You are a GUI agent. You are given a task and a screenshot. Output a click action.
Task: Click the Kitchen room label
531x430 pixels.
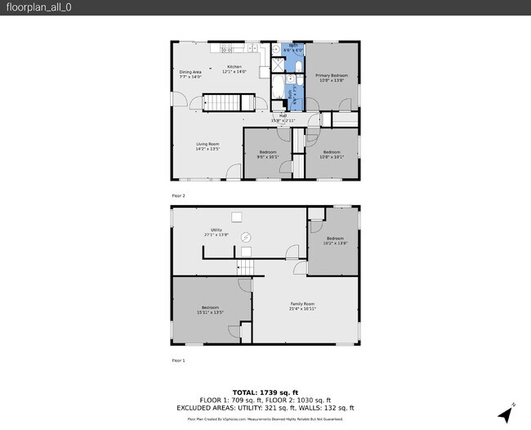coord(234,69)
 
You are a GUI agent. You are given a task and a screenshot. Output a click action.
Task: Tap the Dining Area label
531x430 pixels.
coord(190,74)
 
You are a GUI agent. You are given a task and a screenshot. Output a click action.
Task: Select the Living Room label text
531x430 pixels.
coord(207,146)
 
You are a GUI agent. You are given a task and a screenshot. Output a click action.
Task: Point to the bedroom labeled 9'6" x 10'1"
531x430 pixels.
coord(268,155)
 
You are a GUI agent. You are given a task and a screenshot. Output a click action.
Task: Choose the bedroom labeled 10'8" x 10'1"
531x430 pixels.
coord(331,155)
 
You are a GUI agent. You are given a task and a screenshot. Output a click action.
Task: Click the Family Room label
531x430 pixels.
coord(302,306)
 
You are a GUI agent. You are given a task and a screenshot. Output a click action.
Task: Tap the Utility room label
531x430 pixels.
coord(216,232)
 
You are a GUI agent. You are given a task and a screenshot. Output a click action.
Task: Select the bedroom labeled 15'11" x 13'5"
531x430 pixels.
coord(210,309)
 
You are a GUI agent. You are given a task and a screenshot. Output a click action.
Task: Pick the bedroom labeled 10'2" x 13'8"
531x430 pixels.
coord(335,240)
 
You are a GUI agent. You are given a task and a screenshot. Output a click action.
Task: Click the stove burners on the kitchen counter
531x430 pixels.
coord(225,51)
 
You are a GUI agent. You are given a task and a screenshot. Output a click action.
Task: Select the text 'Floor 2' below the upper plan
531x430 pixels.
coord(178,196)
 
